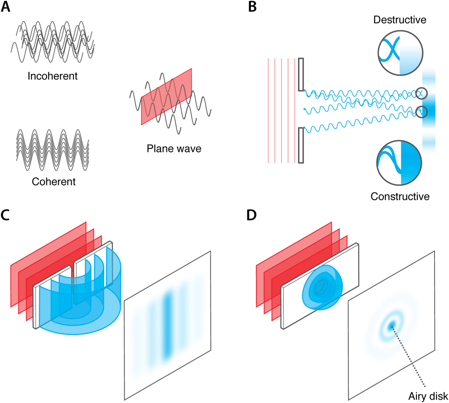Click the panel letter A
click(5, 7)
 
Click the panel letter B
click(252, 7)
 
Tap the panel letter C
click(5, 215)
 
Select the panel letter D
click(251, 215)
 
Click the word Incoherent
click(52, 76)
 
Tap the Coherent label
click(54, 182)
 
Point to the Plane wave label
click(174, 149)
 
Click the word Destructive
click(400, 20)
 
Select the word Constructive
click(400, 196)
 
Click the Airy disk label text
click(428, 396)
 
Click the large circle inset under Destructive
click(400, 53)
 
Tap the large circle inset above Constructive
click(399, 163)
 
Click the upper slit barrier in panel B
click(301, 74)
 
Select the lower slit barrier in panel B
click(301, 145)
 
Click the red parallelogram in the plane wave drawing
click(167, 97)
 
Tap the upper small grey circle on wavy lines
click(421, 93)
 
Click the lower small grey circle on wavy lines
click(421, 112)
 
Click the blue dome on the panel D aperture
click(322, 287)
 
